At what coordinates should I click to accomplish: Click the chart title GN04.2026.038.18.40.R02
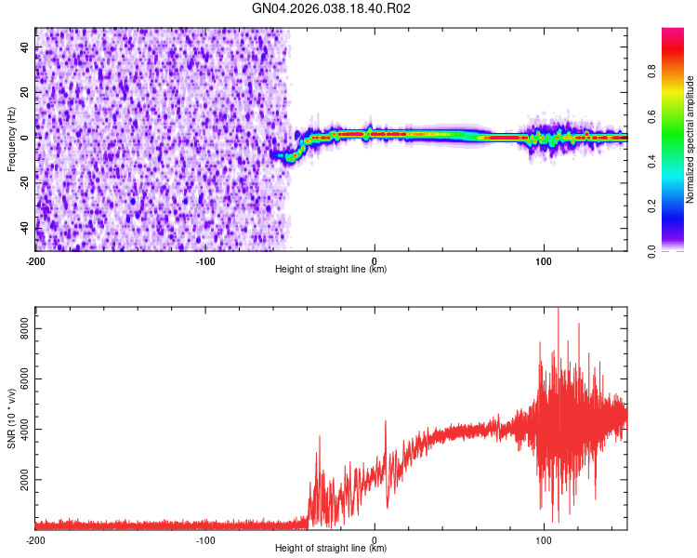click(x=331, y=8)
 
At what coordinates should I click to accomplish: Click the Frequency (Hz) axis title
click(x=11, y=139)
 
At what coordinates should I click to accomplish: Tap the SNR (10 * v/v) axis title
click(x=11, y=418)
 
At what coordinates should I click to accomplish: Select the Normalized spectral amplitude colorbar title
click(x=690, y=139)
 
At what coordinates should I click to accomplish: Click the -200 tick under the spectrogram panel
click(x=35, y=260)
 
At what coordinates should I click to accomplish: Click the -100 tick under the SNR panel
click(x=205, y=539)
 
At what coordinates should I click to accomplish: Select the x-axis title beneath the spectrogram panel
click(x=331, y=270)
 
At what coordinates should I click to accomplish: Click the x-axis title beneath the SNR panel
click(x=331, y=549)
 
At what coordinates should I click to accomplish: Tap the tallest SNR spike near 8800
click(x=558, y=311)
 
